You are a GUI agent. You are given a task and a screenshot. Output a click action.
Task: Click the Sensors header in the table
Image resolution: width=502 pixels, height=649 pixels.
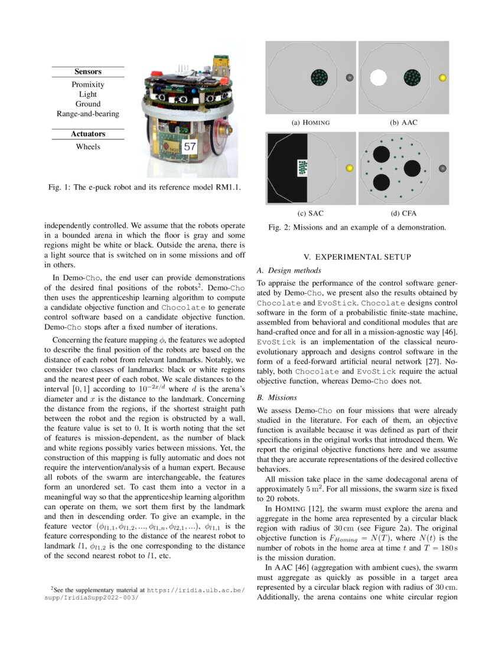click(x=87, y=71)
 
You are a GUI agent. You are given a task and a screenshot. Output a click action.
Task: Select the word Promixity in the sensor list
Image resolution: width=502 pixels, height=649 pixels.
click(x=87, y=84)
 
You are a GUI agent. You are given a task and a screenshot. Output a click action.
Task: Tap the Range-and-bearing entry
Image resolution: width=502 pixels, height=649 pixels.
click(x=87, y=114)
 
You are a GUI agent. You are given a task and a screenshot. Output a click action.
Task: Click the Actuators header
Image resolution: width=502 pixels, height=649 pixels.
click(x=87, y=134)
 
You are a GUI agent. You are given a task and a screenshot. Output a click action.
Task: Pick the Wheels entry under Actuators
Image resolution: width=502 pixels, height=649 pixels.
click(x=87, y=147)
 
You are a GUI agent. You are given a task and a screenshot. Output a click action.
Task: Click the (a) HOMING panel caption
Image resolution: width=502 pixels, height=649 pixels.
click(x=311, y=123)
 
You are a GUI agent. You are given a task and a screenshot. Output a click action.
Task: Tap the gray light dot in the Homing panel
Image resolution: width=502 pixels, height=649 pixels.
click(x=348, y=77)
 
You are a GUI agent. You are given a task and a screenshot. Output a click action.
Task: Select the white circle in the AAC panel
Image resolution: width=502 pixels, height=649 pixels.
click(x=377, y=77)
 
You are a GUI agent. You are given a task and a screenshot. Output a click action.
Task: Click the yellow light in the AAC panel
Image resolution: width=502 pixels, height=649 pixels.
click(x=443, y=77)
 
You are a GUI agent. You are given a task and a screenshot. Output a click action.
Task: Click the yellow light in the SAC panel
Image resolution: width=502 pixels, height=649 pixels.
click(x=348, y=168)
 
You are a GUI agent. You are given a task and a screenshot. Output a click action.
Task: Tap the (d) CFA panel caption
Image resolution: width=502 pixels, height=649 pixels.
click(x=403, y=213)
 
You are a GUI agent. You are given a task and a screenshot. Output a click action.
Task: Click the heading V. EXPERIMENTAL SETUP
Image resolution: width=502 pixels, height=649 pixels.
click(x=357, y=257)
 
